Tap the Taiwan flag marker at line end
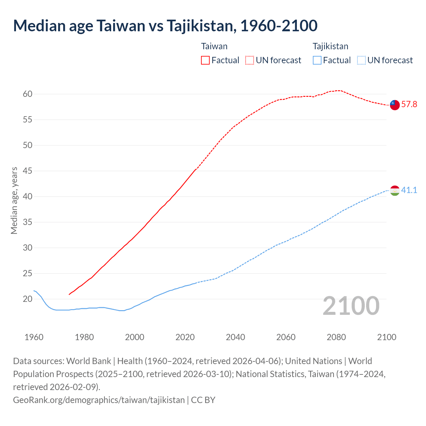click(394, 105)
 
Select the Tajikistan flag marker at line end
click(394, 191)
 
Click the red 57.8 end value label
click(409, 105)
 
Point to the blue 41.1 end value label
click(409, 190)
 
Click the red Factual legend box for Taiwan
click(205, 60)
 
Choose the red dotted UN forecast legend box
click(249, 60)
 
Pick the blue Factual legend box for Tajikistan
click(317, 60)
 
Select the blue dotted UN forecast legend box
click(361, 60)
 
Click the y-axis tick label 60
click(28, 94)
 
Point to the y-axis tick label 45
click(28, 171)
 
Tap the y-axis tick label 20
click(28, 299)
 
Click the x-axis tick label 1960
click(34, 337)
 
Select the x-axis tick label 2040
click(235, 337)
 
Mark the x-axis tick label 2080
click(336, 337)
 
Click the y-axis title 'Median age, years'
click(14, 201)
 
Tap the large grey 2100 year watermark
click(351, 306)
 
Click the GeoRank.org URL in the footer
click(99, 400)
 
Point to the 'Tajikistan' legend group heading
click(330, 46)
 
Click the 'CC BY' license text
click(203, 400)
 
